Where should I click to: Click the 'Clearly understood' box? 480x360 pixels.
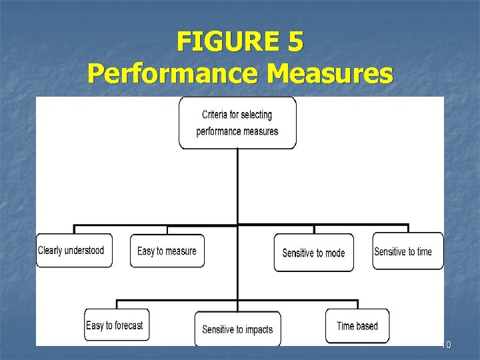(x=74, y=251)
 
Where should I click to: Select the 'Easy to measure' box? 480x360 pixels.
(x=167, y=251)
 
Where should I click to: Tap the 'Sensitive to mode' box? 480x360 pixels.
(x=313, y=253)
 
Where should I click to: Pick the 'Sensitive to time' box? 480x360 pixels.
(x=407, y=251)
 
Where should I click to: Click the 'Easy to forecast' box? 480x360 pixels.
(x=117, y=325)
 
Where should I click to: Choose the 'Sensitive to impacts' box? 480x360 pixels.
(x=237, y=329)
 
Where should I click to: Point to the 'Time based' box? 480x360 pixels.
(x=357, y=326)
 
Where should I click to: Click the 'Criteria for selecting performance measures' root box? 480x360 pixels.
(x=237, y=123)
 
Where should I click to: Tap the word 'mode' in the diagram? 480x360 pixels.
(x=335, y=253)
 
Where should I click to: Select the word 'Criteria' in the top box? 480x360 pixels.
(x=218, y=115)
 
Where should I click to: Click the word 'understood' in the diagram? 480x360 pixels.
(x=83, y=251)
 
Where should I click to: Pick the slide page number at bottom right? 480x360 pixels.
(x=447, y=345)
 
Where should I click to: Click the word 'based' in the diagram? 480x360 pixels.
(x=367, y=326)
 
